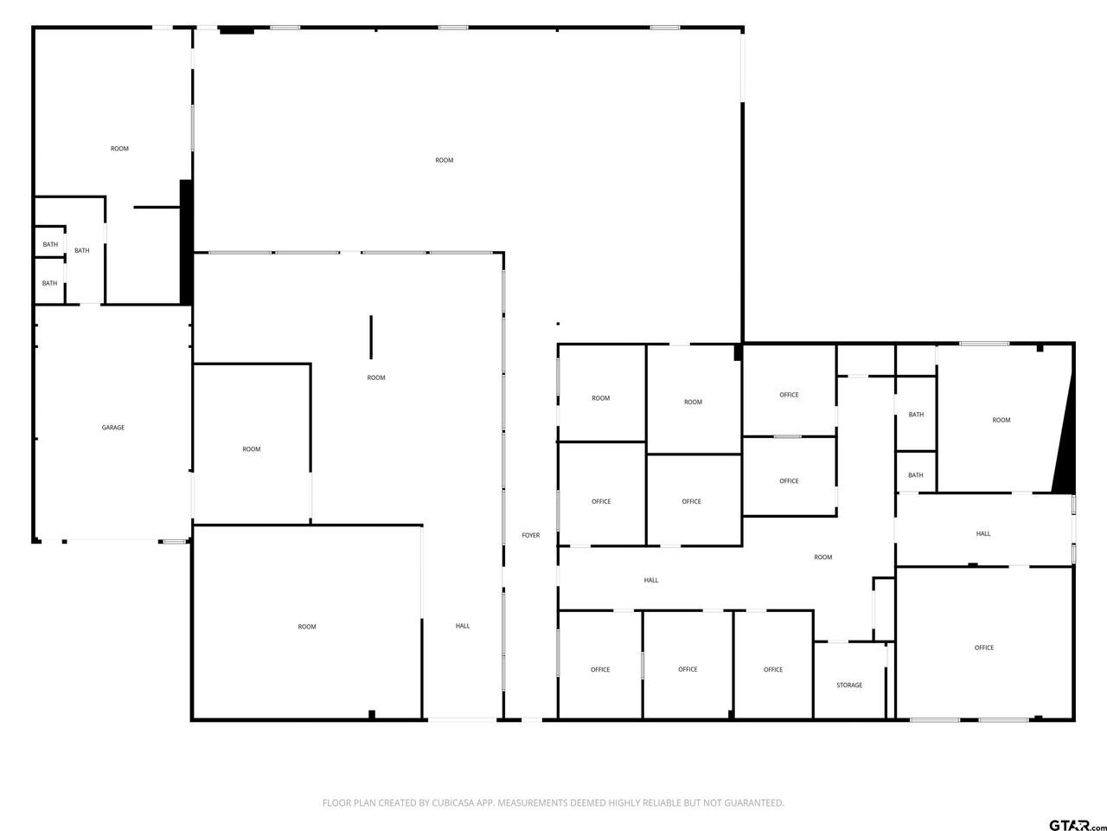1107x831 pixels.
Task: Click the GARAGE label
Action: [x=113, y=428]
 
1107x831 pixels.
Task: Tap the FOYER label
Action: [x=530, y=535]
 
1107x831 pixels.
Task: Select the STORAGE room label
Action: [x=849, y=686]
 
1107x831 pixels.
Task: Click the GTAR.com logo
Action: [x=1078, y=824]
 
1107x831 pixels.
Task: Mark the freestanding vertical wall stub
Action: [x=371, y=337]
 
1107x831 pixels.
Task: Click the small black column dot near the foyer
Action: [x=558, y=324]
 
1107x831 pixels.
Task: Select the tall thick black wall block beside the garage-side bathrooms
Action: [x=186, y=242]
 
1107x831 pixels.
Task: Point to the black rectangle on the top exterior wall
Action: [x=236, y=31]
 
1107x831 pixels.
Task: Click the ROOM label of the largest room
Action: [x=445, y=160]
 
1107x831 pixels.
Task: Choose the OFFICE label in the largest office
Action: [x=984, y=647]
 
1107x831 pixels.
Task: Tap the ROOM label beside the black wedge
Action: [x=1001, y=421]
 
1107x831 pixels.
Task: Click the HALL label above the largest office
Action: [x=983, y=533]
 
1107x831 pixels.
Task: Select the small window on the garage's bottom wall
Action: [x=175, y=542]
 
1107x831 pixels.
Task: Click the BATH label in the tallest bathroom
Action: [x=81, y=251]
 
